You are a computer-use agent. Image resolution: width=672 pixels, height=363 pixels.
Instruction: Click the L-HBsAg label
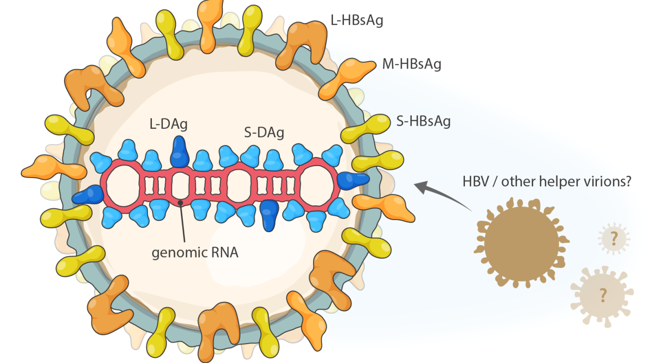click(356, 21)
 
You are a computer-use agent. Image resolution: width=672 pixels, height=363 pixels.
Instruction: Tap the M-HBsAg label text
click(411, 64)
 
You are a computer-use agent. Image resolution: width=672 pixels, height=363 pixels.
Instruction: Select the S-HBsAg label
click(424, 121)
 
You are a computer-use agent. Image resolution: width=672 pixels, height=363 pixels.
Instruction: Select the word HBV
click(476, 181)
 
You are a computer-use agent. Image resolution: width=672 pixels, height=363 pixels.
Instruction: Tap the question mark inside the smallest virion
click(614, 239)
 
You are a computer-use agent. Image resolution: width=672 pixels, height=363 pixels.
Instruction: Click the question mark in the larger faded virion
click(603, 295)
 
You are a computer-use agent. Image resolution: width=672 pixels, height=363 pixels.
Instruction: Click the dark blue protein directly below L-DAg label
click(179, 153)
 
